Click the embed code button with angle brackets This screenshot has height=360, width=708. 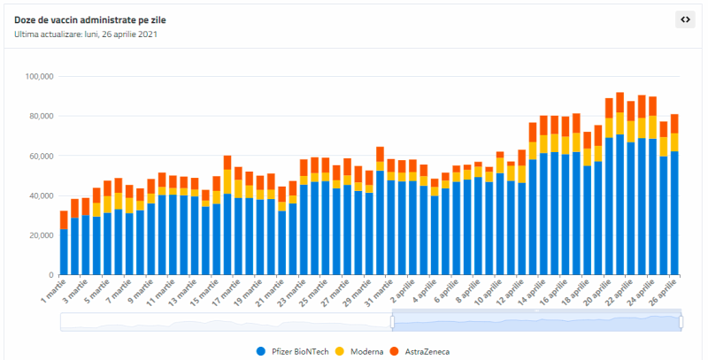click(x=685, y=19)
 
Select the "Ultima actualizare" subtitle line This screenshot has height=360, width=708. click(x=86, y=34)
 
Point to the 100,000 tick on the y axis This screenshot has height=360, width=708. click(x=37, y=76)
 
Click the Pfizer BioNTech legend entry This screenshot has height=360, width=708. click(x=292, y=351)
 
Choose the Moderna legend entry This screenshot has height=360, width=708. click(x=361, y=351)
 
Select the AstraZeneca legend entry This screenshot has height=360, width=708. click(x=419, y=351)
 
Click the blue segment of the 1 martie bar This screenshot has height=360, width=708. click(x=64, y=252)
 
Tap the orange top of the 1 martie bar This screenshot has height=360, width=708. click(x=64, y=220)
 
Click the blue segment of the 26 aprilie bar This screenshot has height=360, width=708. click(x=674, y=213)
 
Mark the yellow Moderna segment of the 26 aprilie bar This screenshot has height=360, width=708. click(x=674, y=142)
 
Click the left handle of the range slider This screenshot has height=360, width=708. click(x=392, y=322)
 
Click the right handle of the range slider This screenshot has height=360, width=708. click(x=681, y=322)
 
